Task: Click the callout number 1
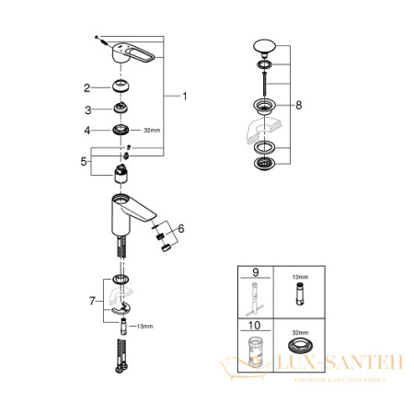[185, 96]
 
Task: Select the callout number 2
[86, 88]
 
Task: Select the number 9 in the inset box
[245, 273]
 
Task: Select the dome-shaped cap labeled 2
[118, 87]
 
